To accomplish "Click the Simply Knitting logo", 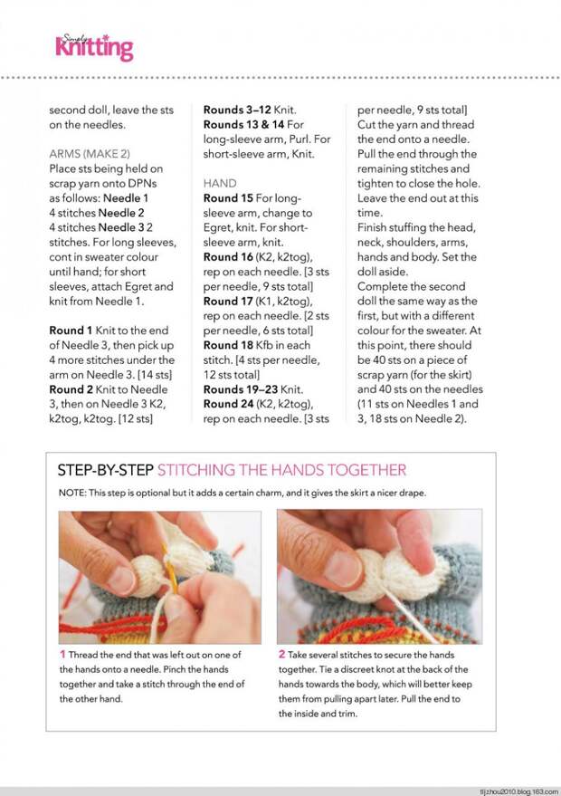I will point(94,46).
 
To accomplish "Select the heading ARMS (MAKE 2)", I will point(89,154).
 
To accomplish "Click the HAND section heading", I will point(221,183).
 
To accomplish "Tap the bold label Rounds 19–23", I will point(241,389).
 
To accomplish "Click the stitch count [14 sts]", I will point(154,375).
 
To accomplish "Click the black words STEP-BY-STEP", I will point(105,470).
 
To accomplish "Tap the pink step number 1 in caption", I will point(62,655).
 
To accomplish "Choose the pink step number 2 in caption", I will point(281,655).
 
